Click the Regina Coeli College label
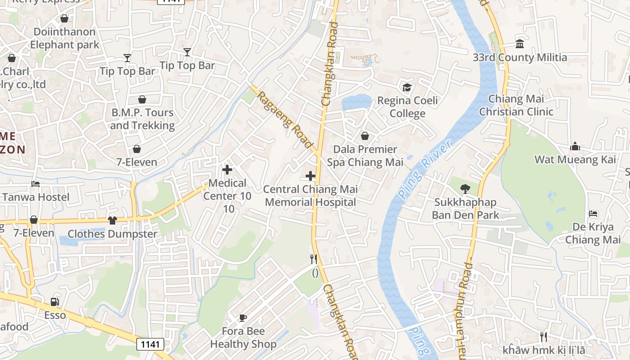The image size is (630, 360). (x=407, y=107)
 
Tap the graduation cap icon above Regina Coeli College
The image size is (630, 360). (x=407, y=87)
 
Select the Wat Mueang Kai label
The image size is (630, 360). (x=575, y=159)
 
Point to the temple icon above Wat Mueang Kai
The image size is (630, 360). (x=575, y=146)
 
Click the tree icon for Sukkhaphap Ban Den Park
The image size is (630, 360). (x=465, y=189)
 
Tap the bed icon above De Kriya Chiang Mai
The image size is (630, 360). (x=593, y=213)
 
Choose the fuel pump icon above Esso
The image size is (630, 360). (x=54, y=302)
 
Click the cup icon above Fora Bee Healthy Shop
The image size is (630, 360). (x=243, y=318)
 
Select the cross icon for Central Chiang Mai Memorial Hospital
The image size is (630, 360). (x=310, y=176)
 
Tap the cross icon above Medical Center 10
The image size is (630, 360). (x=227, y=170)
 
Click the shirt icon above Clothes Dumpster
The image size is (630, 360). (x=112, y=220)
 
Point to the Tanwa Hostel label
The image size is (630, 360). (x=36, y=197)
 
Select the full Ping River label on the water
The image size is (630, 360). (x=424, y=169)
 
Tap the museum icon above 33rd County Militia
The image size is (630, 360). (x=520, y=44)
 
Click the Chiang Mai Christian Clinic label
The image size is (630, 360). (x=516, y=105)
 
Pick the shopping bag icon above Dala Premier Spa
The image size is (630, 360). (x=365, y=136)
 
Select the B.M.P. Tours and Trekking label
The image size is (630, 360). (x=142, y=119)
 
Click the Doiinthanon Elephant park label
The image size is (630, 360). (x=64, y=38)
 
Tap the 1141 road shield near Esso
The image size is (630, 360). (x=150, y=344)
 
